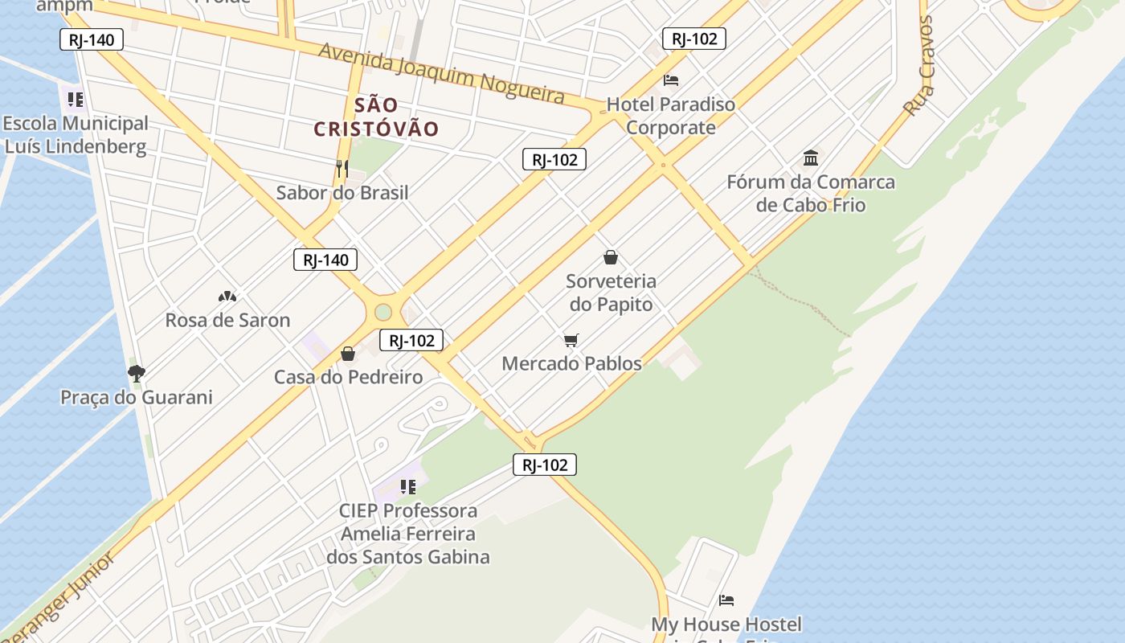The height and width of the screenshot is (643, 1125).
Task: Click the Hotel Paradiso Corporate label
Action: [x=670, y=116]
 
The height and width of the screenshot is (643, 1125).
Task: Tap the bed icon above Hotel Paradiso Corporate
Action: [x=671, y=80]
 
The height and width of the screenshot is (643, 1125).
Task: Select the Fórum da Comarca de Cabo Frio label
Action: [x=811, y=193]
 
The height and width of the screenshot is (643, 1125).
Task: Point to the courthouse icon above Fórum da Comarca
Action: [x=811, y=158]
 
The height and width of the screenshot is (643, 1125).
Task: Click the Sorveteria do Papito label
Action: [x=611, y=293]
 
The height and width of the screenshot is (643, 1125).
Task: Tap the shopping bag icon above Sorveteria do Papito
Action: [x=611, y=257]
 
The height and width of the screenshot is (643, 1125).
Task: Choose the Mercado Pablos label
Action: [x=571, y=363]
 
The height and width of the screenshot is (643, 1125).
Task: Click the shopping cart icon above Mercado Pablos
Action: [x=571, y=341]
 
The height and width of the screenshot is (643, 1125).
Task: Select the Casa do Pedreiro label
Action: [x=348, y=377]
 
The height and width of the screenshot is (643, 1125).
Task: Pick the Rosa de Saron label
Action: [x=227, y=320]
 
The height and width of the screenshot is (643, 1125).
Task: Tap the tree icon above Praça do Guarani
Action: [x=137, y=373]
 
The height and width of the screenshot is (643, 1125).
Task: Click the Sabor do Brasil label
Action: [x=342, y=193]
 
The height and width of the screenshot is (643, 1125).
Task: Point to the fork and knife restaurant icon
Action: [x=342, y=169]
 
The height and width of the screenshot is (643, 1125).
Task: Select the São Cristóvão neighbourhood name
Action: [x=376, y=117]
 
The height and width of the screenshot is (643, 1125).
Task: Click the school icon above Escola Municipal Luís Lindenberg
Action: [x=76, y=100]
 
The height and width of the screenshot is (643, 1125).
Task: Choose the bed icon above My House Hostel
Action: [x=726, y=600]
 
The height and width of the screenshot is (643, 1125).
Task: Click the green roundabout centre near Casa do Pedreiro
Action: [x=383, y=311]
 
